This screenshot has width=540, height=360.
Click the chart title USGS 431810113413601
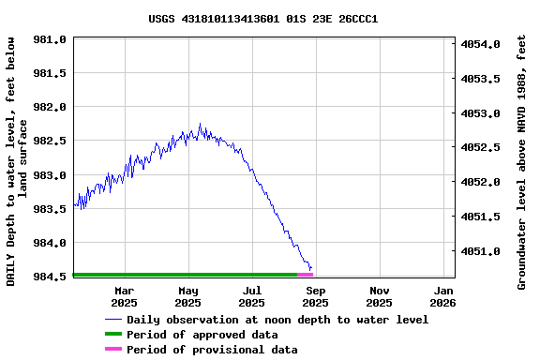[x=262, y=18]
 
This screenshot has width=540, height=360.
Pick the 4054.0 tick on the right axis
[x=482, y=44]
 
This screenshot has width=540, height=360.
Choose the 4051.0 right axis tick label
[x=482, y=251]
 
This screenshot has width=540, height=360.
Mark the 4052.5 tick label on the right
[x=482, y=148]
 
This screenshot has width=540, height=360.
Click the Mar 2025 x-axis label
[x=124, y=296]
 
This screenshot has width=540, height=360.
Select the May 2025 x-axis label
[x=187, y=296]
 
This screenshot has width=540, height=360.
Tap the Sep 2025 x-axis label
[x=315, y=296]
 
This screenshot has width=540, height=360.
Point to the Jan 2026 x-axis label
[x=442, y=296]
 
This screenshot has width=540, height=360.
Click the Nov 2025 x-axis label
[x=379, y=296]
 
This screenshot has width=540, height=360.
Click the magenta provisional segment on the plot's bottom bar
[x=306, y=275]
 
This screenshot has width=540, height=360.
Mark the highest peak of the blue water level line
[x=200, y=124]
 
